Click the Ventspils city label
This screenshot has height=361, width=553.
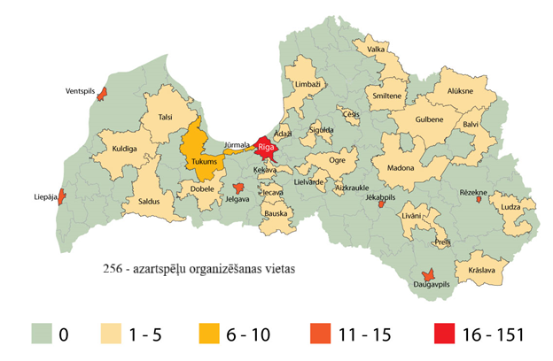(81, 91)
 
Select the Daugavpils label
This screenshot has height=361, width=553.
(432, 285)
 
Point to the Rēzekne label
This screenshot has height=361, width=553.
(474, 192)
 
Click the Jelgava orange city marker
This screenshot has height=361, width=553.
(238, 188)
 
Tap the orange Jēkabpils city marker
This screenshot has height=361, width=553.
(381, 204)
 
